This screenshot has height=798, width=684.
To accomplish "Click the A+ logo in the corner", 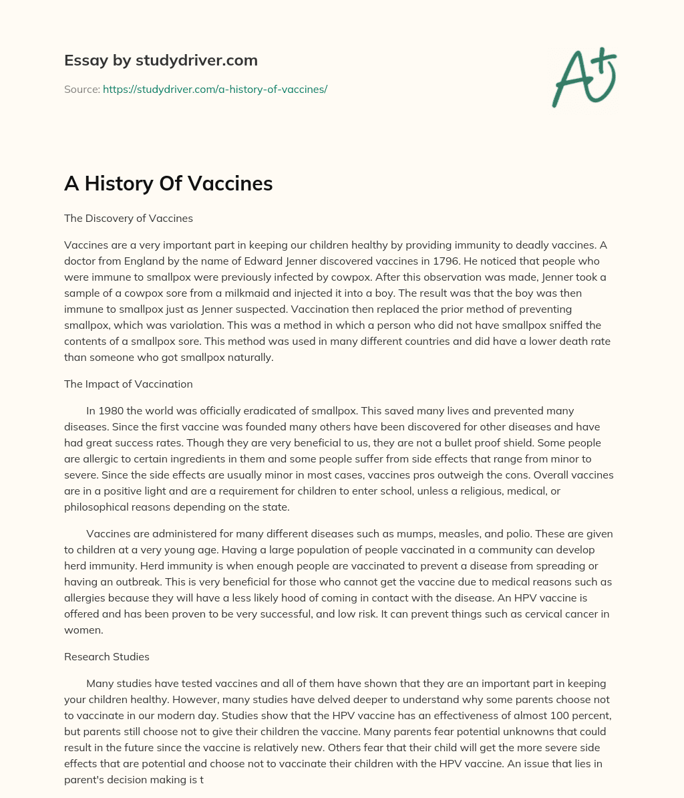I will point(584,78).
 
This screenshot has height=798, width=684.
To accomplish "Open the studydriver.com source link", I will point(214,89).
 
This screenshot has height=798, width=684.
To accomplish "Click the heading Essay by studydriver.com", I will point(160,60).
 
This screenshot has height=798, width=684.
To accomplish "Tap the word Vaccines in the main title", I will point(231,184).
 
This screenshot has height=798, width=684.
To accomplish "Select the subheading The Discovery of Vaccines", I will point(128,218).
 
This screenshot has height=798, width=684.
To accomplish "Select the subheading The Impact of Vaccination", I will point(128,384).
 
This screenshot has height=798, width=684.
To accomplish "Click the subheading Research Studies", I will point(107,656).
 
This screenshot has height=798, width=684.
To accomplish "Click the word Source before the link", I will point(81,89).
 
